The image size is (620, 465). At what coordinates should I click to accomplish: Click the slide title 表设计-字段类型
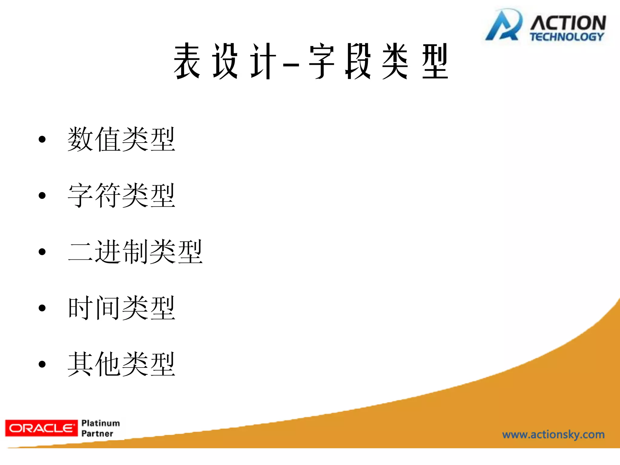coord(311,61)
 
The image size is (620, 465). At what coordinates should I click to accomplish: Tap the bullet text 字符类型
coord(121,195)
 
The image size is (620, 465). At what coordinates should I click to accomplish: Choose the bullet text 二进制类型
coord(135,252)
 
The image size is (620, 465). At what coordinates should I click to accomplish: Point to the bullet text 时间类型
coord(121,308)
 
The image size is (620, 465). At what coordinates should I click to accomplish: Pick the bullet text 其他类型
coord(121,364)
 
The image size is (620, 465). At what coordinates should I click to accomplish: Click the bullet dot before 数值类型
coord(42,140)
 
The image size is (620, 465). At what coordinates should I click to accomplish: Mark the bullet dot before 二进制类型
coord(42,252)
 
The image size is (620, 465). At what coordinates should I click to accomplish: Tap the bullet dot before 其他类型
coord(42,364)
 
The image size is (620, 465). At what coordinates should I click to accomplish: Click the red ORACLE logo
coord(41,428)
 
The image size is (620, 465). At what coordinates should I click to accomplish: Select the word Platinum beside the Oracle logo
coord(101,423)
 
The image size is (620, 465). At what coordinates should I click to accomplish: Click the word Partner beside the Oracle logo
coord(97,434)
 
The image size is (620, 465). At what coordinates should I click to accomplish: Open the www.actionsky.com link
coord(553,435)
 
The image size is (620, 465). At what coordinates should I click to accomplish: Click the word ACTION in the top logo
coord(568,23)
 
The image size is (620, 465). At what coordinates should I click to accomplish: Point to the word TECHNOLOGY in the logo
coord(567,37)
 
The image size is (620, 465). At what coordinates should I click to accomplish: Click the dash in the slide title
coord(291,64)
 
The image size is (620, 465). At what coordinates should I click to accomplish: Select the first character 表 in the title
coord(187,61)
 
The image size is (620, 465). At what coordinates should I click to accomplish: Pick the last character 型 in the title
coord(435,61)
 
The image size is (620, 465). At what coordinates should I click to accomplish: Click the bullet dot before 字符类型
coord(42,196)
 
